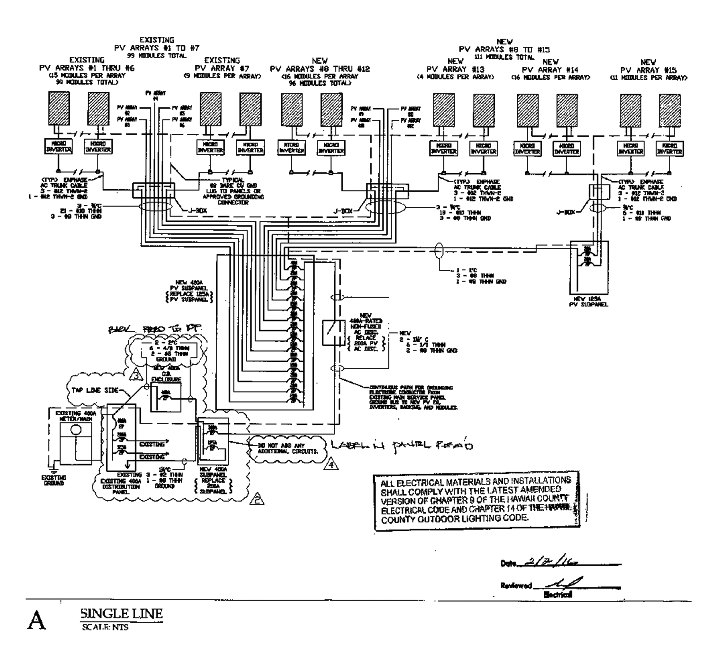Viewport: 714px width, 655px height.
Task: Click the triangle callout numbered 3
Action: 137,375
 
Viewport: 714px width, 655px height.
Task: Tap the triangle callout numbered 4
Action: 330,465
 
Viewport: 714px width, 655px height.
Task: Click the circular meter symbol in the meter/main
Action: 75,430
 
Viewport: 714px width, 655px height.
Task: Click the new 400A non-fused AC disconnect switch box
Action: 333,332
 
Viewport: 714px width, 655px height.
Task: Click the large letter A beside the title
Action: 36,620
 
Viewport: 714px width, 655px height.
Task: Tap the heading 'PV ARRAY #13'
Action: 456,69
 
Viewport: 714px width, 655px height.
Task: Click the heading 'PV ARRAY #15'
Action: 648,70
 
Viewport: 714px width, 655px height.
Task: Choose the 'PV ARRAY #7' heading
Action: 222,68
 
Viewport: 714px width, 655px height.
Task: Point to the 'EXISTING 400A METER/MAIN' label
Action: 74,416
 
